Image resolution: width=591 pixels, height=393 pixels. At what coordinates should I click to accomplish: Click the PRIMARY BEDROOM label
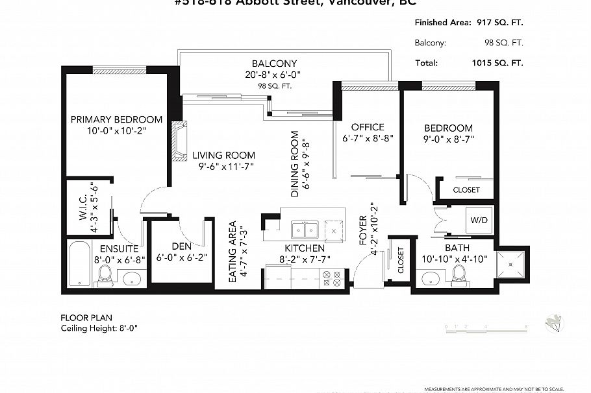[116, 120]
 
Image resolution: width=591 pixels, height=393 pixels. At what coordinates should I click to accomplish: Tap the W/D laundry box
[481, 220]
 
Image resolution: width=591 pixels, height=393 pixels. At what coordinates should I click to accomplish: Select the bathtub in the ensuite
[80, 264]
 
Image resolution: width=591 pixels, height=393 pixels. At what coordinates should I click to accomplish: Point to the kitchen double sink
[304, 230]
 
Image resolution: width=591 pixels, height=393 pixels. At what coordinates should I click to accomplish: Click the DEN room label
[181, 246]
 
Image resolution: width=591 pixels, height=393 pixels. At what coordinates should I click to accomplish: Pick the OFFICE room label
[368, 127]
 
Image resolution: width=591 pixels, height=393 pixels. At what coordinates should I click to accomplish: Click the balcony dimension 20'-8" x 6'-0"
[274, 75]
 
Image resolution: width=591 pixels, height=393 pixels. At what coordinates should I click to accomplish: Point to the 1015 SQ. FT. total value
[497, 63]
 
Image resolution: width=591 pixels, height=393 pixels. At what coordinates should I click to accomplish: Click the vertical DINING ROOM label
[295, 164]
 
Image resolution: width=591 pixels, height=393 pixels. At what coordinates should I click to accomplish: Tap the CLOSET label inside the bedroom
[466, 190]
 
